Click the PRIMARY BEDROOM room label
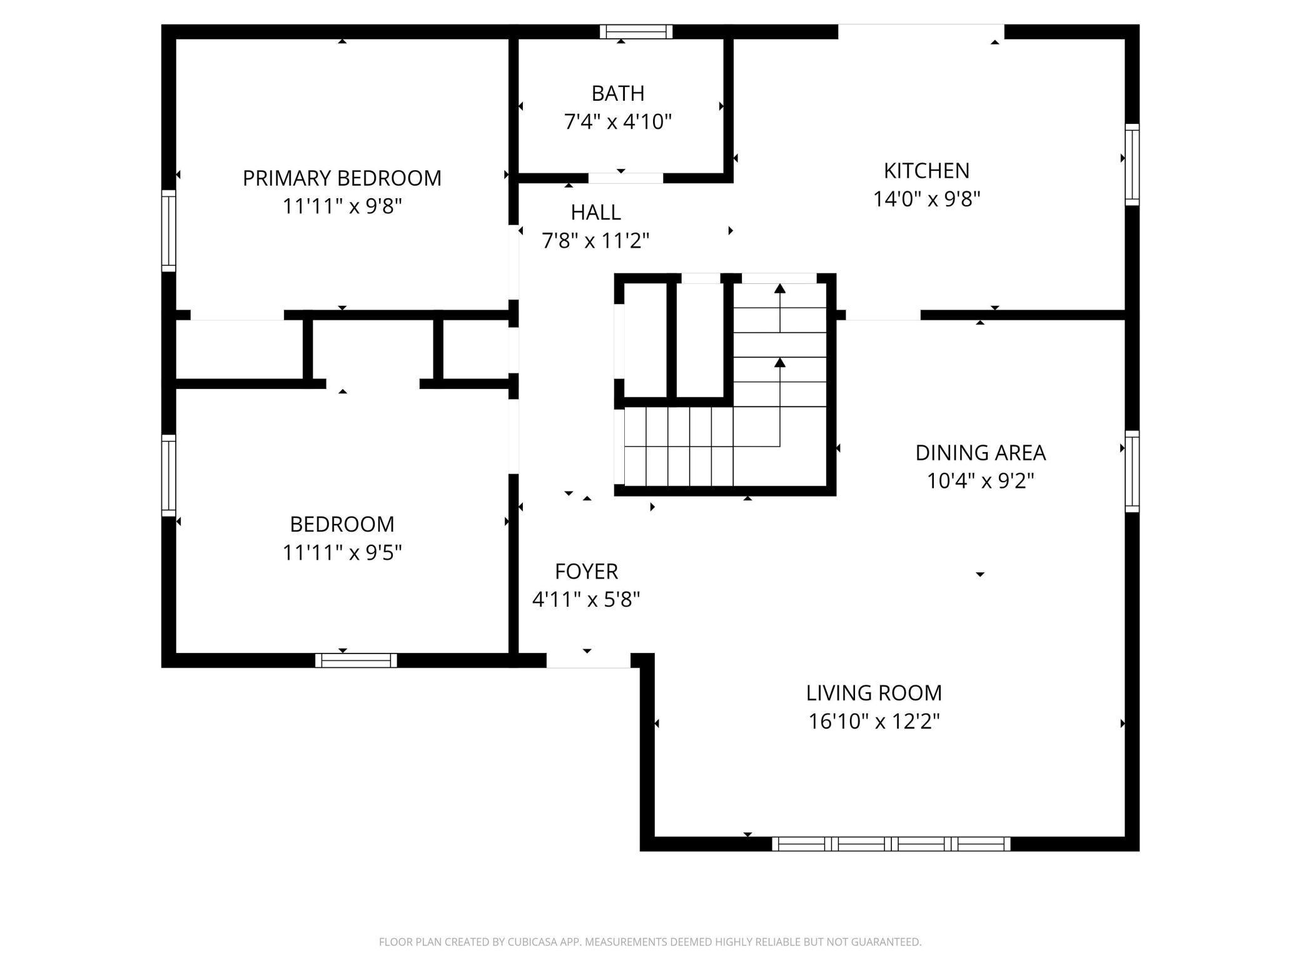click(342, 178)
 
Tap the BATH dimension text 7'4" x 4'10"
click(618, 121)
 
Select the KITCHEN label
click(926, 170)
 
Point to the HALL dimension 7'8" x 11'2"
click(595, 240)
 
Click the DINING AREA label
click(980, 453)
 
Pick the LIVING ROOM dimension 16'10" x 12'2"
click(874, 722)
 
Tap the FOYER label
click(586, 572)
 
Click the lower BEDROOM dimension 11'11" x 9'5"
click(342, 553)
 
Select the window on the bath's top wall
click(636, 32)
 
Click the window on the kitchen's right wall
click(1132, 164)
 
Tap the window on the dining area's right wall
click(1132, 471)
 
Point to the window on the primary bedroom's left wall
click(169, 230)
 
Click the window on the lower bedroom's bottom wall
click(356, 660)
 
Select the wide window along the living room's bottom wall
click(891, 844)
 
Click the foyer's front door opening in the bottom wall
click(589, 660)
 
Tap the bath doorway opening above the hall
click(625, 178)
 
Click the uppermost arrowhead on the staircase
click(780, 288)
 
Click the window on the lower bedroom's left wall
click(169, 475)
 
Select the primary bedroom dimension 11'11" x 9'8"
click(342, 206)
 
